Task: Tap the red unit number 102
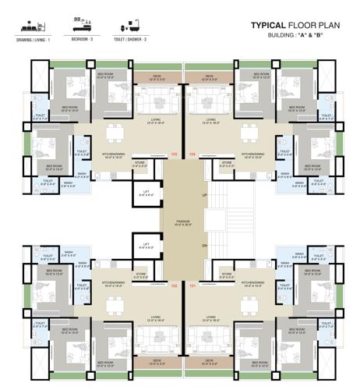click(x=174, y=286)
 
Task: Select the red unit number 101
click(x=193, y=286)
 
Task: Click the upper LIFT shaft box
click(x=146, y=194)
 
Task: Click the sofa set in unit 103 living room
click(x=157, y=101)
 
